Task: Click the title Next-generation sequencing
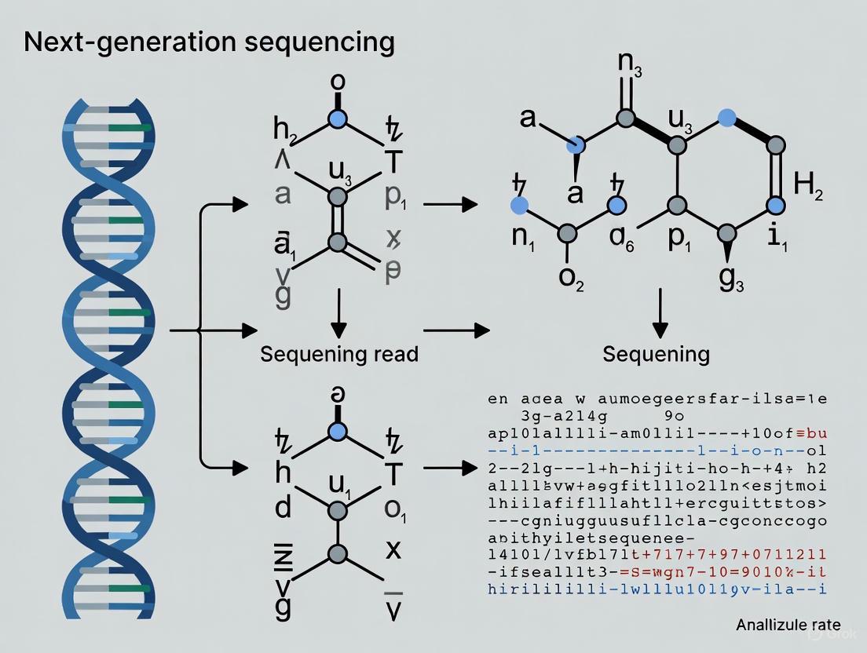tap(209, 42)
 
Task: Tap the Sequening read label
tap(339, 354)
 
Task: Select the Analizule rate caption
tap(788, 626)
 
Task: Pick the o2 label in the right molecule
tap(570, 281)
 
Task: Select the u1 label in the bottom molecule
tap(339, 483)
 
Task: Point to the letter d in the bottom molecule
tap(283, 509)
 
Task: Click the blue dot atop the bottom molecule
tap(338, 432)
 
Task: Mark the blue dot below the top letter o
tap(338, 119)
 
